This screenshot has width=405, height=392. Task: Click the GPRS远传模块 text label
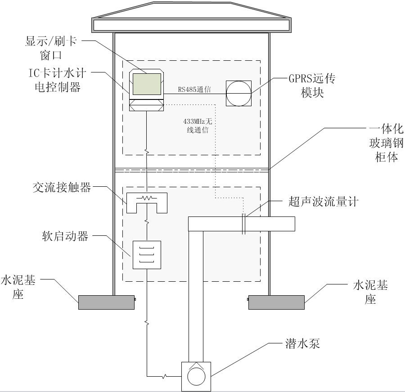(x=312, y=86)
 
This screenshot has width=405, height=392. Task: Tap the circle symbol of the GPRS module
(x=238, y=93)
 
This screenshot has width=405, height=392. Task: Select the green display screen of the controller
(x=146, y=83)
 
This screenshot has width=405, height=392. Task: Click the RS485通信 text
(x=194, y=90)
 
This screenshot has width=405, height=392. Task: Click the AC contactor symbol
(x=147, y=202)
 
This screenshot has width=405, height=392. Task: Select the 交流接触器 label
(x=62, y=187)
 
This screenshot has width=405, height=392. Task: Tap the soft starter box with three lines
(x=146, y=255)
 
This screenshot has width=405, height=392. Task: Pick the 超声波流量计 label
(x=323, y=201)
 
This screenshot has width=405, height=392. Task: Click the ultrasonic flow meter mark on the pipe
(x=243, y=223)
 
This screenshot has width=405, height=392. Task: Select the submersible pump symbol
(x=196, y=376)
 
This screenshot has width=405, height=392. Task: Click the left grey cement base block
(x=107, y=302)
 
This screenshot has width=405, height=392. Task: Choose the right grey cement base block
(x=277, y=302)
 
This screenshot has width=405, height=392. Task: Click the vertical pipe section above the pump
(x=195, y=293)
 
